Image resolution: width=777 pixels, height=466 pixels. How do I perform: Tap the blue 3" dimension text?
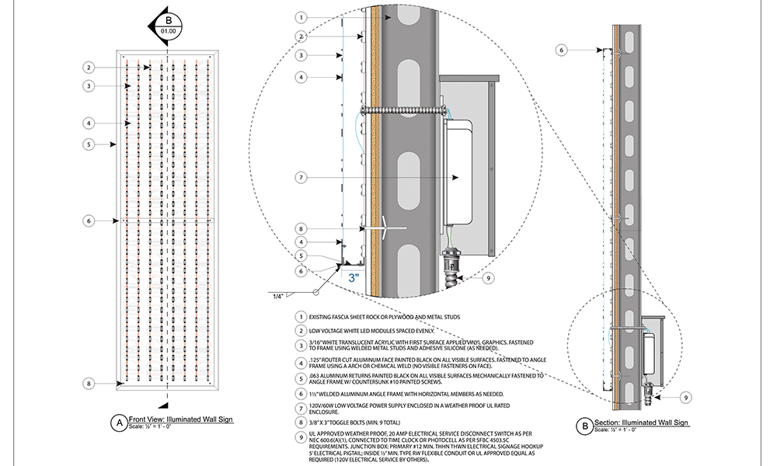point(354,277)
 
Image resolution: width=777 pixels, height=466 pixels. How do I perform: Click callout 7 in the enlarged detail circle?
point(301,178)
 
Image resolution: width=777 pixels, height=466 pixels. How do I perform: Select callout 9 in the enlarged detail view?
point(488,278)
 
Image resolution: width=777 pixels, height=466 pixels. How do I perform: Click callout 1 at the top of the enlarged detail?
point(301,16)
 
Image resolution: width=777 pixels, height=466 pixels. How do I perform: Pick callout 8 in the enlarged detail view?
point(301,229)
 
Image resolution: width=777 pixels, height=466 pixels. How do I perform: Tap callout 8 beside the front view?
point(90,383)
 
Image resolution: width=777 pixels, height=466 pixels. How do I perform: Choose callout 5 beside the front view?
point(90,144)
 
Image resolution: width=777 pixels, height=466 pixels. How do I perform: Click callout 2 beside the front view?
point(90,68)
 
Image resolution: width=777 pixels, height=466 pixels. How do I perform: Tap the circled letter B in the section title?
point(584,424)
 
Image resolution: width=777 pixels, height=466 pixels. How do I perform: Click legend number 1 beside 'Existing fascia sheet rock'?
point(301,318)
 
